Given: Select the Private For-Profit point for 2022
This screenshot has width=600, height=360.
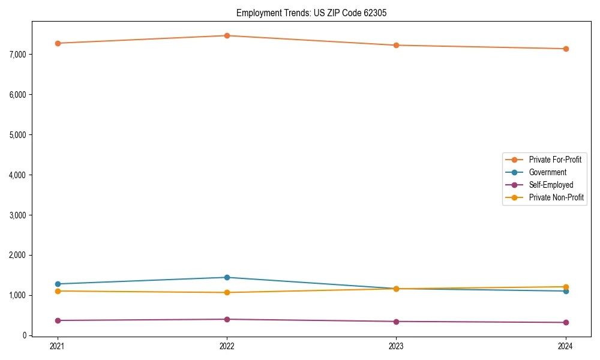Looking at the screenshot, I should tap(227, 35).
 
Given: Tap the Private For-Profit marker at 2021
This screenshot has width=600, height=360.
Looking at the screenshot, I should tap(58, 43).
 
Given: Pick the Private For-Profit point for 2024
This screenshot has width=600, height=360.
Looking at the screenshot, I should tap(565, 49).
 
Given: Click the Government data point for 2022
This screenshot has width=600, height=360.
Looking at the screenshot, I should tap(227, 277).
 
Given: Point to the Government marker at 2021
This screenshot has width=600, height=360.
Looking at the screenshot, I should tap(58, 284).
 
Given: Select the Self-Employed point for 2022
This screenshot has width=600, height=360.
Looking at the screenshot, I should tap(227, 319).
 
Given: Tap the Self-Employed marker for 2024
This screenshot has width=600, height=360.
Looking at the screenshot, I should tap(565, 322).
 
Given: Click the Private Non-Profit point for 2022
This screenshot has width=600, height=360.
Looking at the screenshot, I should tap(227, 292).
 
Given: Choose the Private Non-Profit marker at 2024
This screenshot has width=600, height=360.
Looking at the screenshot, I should tap(565, 287).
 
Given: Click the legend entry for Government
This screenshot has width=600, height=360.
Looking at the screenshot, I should tap(547, 172).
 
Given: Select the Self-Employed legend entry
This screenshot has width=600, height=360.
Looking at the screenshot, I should tap(551, 185).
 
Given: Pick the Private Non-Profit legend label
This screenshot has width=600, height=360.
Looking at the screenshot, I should tap(556, 197).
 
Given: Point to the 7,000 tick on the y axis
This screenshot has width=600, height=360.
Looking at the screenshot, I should tap(18, 55).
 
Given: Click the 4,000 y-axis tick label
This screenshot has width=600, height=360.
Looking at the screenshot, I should tap(18, 175).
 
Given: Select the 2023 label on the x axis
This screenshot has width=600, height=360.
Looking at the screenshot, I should tap(396, 346).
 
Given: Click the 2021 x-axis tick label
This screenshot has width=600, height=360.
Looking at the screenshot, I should tap(58, 346).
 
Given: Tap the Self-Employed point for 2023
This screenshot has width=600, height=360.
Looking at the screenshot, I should tap(396, 322).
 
